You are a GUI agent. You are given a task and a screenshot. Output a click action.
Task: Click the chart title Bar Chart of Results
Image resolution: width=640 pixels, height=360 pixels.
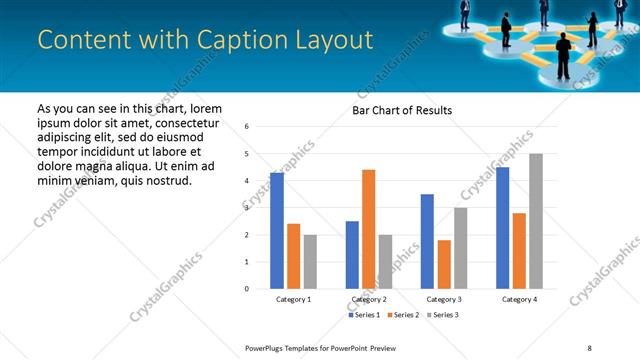click(x=402, y=110)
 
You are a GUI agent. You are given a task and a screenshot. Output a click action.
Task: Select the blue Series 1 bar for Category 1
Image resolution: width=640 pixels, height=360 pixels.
click(x=277, y=231)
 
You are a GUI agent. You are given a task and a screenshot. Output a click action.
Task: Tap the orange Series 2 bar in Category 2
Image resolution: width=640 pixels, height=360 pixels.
click(x=368, y=229)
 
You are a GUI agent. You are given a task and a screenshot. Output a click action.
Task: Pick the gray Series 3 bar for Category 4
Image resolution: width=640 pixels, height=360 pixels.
click(x=536, y=221)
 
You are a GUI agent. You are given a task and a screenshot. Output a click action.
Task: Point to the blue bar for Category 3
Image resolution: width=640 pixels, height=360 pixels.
click(x=427, y=241)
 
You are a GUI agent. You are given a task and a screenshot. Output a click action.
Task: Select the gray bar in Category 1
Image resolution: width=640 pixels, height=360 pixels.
click(x=310, y=262)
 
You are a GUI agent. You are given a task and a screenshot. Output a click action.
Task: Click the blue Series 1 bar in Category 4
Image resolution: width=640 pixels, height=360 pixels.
click(x=502, y=228)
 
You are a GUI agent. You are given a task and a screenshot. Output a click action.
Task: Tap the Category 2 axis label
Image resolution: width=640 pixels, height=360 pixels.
click(x=369, y=299)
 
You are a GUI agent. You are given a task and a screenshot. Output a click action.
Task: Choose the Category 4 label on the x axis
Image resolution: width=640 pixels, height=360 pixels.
click(x=519, y=299)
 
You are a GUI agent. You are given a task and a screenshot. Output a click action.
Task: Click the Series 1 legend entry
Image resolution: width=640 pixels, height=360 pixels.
click(x=363, y=315)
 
